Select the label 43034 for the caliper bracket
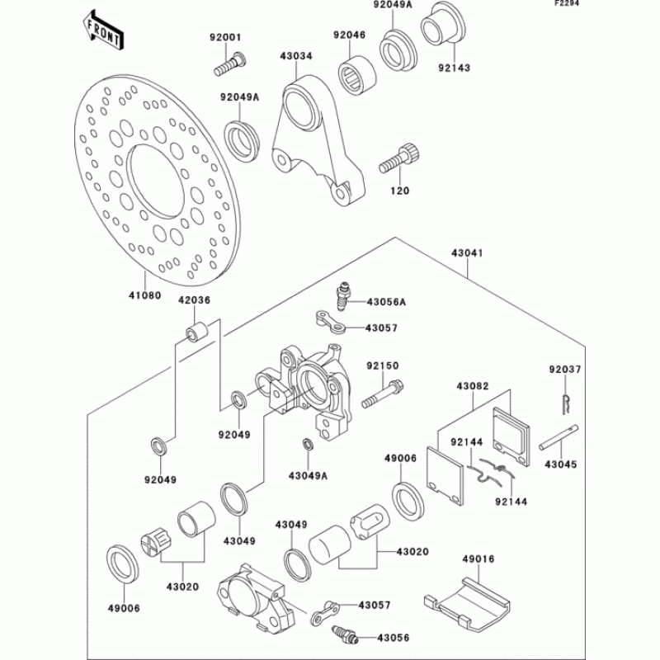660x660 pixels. [x=297, y=56]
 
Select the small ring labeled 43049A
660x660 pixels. [x=308, y=446]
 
